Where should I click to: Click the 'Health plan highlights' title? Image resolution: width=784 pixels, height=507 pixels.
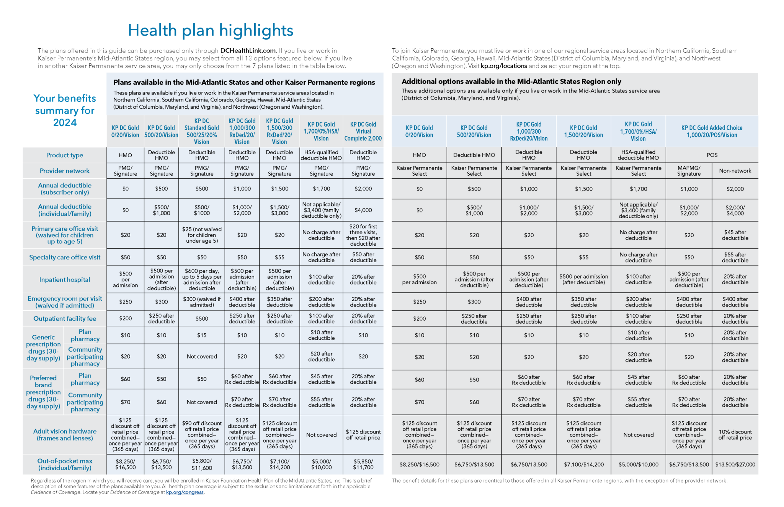tap(211, 31)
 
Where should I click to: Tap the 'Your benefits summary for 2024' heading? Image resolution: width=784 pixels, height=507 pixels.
tap(65, 110)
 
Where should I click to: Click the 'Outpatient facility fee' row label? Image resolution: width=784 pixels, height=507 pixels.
tap(65, 318)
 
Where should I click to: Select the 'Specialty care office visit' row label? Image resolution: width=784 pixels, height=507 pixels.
tap(65, 257)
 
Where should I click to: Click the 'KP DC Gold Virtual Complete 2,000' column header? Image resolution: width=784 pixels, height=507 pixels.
tap(363, 131)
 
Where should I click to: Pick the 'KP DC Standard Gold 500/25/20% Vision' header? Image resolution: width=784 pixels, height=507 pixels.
tap(202, 131)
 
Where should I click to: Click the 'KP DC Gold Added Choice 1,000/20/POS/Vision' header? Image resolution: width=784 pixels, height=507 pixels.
tap(712, 131)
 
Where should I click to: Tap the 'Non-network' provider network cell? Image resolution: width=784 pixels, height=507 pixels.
tap(735, 171)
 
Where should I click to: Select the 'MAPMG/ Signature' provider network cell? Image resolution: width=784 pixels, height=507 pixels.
tap(689, 171)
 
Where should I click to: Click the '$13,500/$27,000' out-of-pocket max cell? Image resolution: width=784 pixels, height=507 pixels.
tap(735, 464)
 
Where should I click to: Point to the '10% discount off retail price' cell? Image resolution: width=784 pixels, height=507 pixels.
tap(735, 435)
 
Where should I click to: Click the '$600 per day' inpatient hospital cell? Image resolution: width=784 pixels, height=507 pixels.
tap(202, 279)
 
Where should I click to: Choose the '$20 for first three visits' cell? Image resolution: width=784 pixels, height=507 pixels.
tap(363, 235)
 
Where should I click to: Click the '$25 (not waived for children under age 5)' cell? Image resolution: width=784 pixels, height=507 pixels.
tap(202, 235)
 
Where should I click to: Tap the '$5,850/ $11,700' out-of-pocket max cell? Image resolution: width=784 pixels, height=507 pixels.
tap(363, 464)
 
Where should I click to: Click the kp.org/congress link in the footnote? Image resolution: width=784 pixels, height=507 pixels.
tap(185, 492)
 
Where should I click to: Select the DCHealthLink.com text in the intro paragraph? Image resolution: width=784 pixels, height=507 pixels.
tap(248, 51)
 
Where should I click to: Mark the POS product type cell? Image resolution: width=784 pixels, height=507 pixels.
tap(712, 155)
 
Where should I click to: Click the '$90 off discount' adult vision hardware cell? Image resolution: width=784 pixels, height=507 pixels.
tap(202, 435)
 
